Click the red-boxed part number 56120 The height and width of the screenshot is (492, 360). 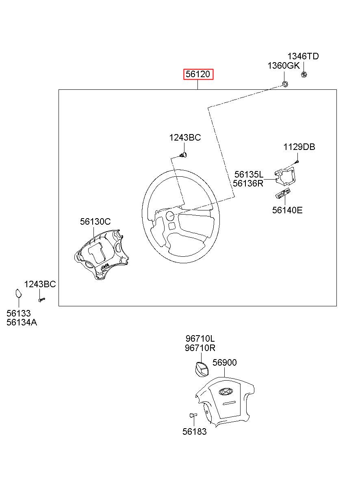(198, 74)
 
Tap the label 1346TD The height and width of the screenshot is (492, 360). (303, 56)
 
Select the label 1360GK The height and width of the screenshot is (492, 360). (284, 65)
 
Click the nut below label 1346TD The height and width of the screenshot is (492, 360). (304, 75)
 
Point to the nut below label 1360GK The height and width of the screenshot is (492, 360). (285, 84)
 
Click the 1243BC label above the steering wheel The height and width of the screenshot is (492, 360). (185, 137)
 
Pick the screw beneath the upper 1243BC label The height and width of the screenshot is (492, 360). (183, 155)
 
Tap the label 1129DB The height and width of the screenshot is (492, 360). (299, 147)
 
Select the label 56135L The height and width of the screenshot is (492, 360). (249, 174)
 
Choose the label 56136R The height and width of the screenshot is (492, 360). (248, 183)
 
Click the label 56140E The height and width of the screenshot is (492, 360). (287, 210)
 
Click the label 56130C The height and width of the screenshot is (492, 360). (95, 221)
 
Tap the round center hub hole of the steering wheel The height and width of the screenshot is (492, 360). (170, 216)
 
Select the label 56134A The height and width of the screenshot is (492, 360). (22, 323)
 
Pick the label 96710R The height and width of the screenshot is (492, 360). (200, 348)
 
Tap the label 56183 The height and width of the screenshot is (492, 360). (194, 431)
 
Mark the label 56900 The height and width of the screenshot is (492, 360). (224, 362)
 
